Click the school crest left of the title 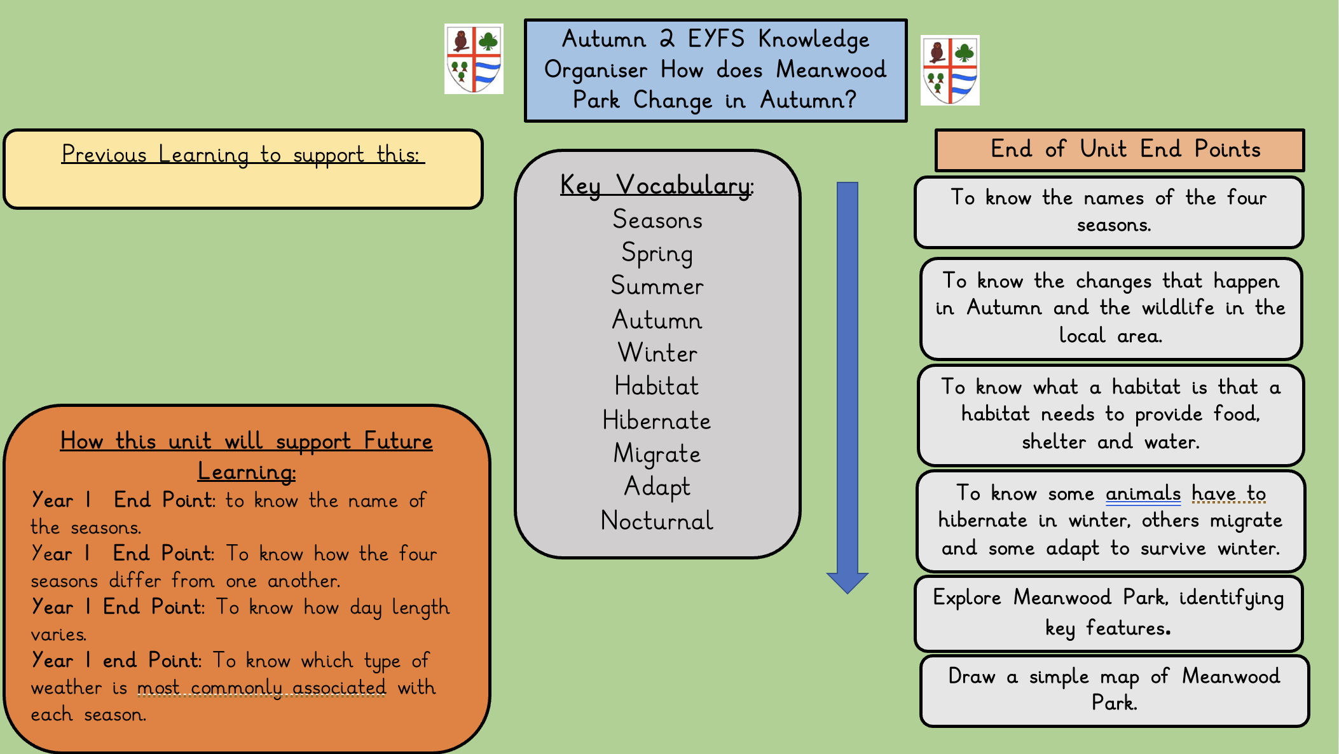[x=474, y=59]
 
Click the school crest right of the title [x=950, y=71]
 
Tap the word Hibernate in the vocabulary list [x=656, y=420]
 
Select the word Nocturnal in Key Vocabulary [x=657, y=521]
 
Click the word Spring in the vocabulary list [x=657, y=253]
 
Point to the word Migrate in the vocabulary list [x=657, y=454]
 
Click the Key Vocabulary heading [x=656, y=186]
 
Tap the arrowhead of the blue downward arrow [x=847, y=582]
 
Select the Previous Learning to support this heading [x=243, y=154]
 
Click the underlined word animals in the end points [x=1143, y=493]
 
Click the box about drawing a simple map [x=1114, y=690]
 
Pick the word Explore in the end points [x=966, y=598]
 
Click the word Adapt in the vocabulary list [x=657, y=487]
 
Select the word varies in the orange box [x=58, y=634]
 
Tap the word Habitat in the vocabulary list [x=656, y=387]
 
